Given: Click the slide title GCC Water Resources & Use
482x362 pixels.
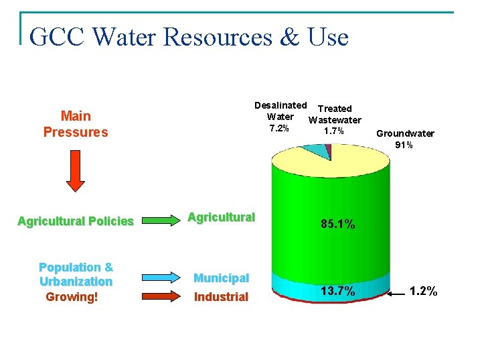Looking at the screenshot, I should [189, 37].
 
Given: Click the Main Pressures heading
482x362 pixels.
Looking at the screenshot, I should [76, 124].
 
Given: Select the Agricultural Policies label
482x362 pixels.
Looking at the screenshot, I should [76, 221].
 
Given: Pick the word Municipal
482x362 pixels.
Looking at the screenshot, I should [221, 278].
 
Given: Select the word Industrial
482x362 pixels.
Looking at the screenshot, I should [221, 297].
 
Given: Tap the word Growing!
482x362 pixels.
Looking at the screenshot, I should [72, 297].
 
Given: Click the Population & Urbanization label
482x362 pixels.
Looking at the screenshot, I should [76, 274].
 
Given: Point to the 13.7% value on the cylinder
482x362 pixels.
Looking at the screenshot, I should [338, 291].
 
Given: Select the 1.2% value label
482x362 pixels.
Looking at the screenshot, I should [423, 291].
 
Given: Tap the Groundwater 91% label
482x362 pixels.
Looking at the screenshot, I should [405, 139].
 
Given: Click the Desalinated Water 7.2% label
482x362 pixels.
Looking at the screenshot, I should [280, 117].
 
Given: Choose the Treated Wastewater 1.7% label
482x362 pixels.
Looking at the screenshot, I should [334, 119].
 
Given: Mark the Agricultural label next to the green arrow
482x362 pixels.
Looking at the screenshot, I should [221, 217].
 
